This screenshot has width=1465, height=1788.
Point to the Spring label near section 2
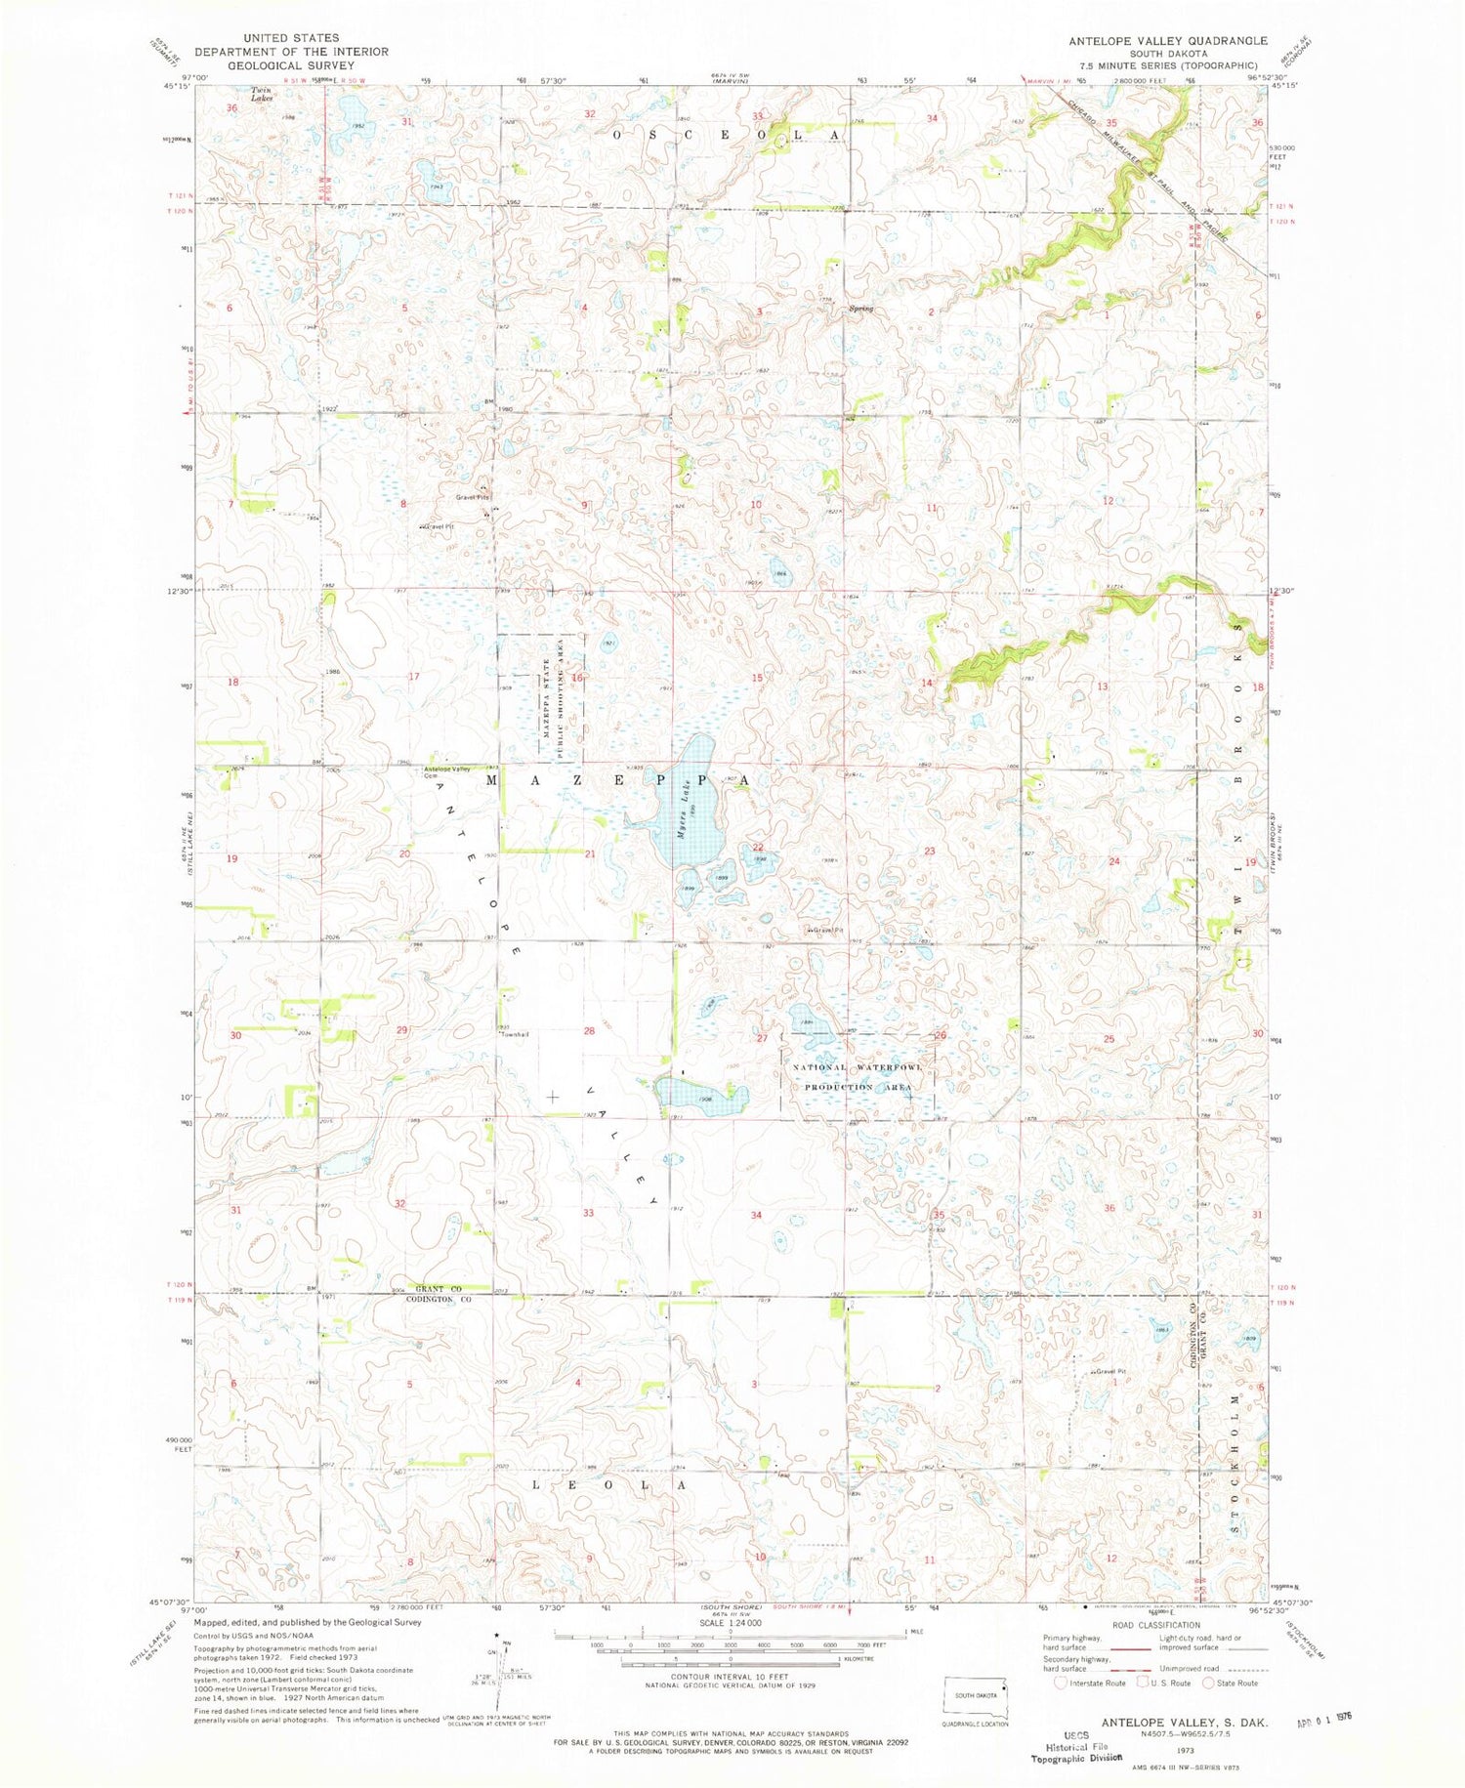tap(860, 309)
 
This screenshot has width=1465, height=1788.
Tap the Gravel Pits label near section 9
tap(472, 497)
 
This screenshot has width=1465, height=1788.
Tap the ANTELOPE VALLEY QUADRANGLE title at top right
tap(1168, 40)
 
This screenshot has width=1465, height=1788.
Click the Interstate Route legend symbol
tap(1061, 1683)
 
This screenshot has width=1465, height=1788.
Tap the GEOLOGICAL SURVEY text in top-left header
tap(291, 65)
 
